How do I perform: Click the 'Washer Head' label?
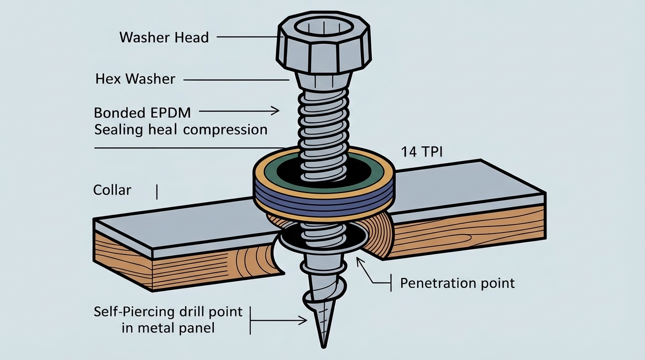point(164,37)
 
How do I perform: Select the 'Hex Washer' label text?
point(135,79)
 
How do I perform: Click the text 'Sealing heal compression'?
point(180,129)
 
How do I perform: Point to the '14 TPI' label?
point(420,152)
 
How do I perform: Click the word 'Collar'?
point(112,190)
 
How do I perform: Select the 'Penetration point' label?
point(457,283)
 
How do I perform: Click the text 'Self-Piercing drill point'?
point(168,312)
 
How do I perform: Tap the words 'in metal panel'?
point(168,328)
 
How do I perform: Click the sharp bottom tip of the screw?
point(323,346)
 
